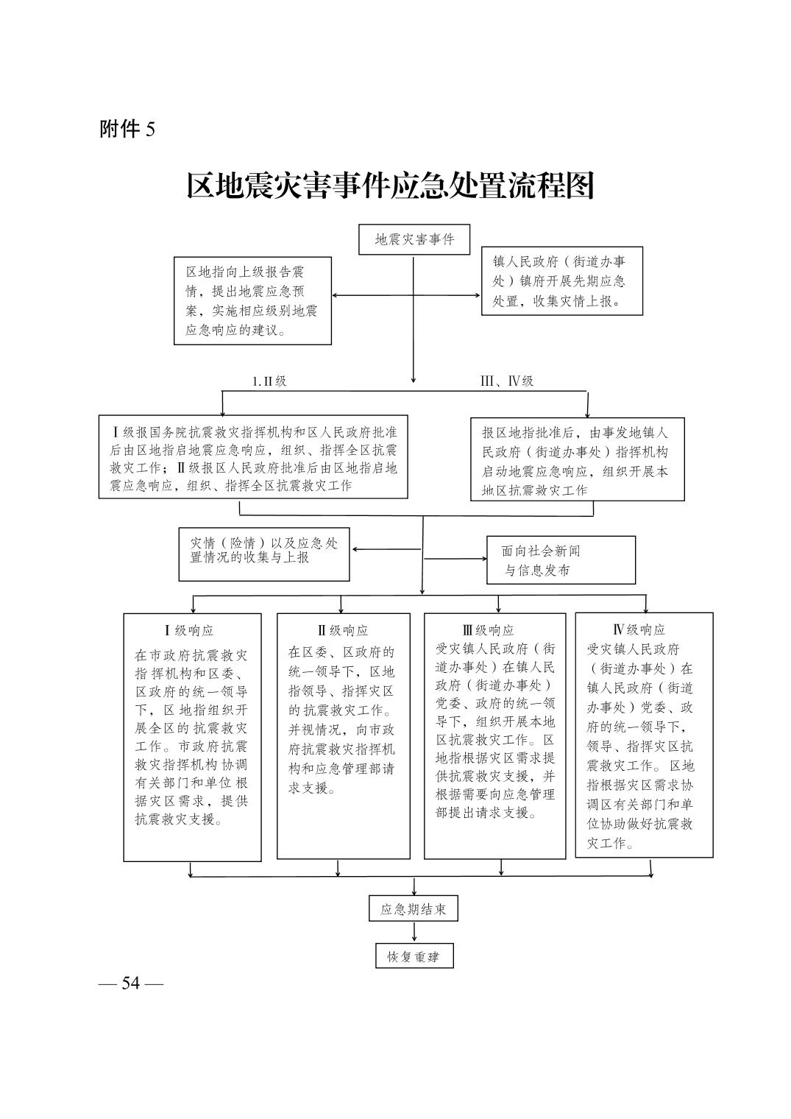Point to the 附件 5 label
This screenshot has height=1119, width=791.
click(127, 130)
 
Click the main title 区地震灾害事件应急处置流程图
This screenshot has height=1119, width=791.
click(390, 186)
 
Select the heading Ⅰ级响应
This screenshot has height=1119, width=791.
click(189, 630)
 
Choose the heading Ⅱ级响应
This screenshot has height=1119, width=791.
click(343, 630)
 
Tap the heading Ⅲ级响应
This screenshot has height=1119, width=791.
click(489, 630)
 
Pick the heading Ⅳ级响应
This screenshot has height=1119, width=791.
click(639, 629)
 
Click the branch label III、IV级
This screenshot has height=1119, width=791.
click(507, 381)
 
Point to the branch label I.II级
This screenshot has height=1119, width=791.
click(269, 381)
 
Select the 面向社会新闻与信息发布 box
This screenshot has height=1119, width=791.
click(561, 560)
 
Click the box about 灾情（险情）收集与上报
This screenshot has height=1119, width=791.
click(263, 554)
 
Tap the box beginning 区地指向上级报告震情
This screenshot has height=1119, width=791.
click(252, 300)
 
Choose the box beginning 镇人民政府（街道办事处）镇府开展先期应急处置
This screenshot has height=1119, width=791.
click(561, 280)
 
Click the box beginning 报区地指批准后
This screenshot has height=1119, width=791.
click(578, 459)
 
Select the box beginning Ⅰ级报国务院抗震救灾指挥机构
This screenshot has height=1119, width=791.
click(253, 456)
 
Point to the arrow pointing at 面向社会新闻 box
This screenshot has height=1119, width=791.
click(455, 559)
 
